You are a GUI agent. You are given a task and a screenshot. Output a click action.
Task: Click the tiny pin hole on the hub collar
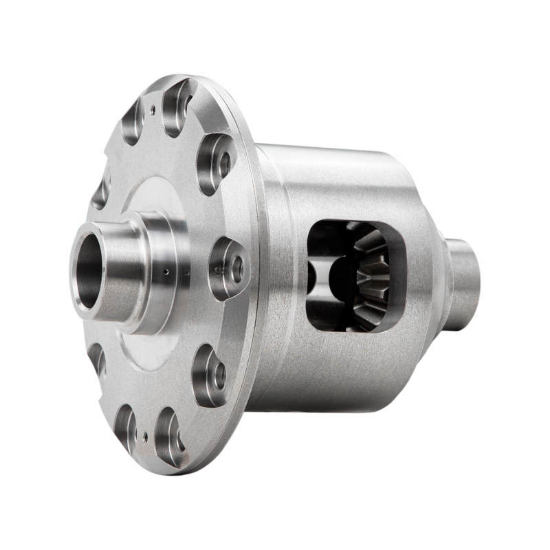tap(166, 272)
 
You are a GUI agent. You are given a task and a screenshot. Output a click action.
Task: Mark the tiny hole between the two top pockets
tap(152, 107)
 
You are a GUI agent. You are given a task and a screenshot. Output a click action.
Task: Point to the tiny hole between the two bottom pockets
tap(144, 434)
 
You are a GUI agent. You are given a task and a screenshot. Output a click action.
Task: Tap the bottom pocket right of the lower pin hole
tap(169, 436)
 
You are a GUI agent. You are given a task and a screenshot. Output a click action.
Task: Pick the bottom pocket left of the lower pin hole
tap(124, 426)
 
